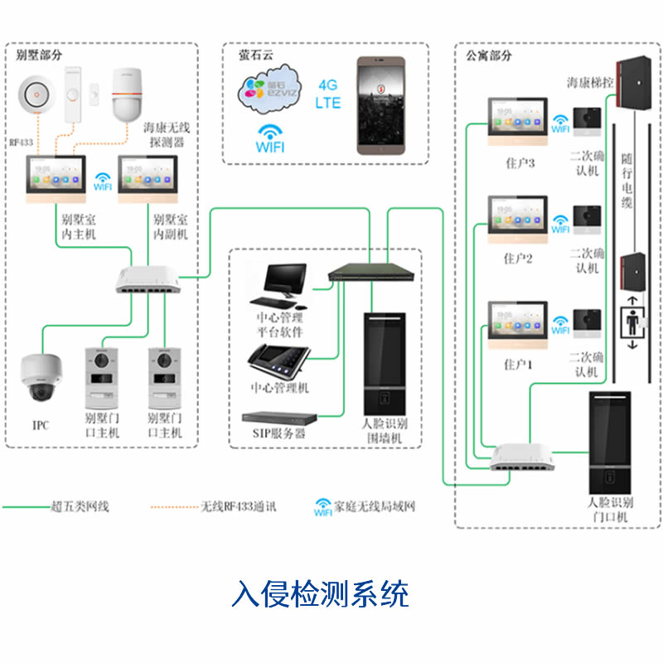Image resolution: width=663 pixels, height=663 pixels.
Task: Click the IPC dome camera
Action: point(40,378)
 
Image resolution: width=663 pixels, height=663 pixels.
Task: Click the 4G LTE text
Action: point(328,94)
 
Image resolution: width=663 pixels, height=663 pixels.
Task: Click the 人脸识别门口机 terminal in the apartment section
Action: point(610,443)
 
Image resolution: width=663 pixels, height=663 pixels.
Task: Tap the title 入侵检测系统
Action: point(322,594)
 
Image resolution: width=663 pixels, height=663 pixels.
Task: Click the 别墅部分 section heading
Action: point(39,56)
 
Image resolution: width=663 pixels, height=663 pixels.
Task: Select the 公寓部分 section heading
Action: point(489,56)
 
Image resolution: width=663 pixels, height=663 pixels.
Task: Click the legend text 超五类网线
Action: point(80,506)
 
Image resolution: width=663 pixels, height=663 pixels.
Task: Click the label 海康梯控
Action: point(590,83)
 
